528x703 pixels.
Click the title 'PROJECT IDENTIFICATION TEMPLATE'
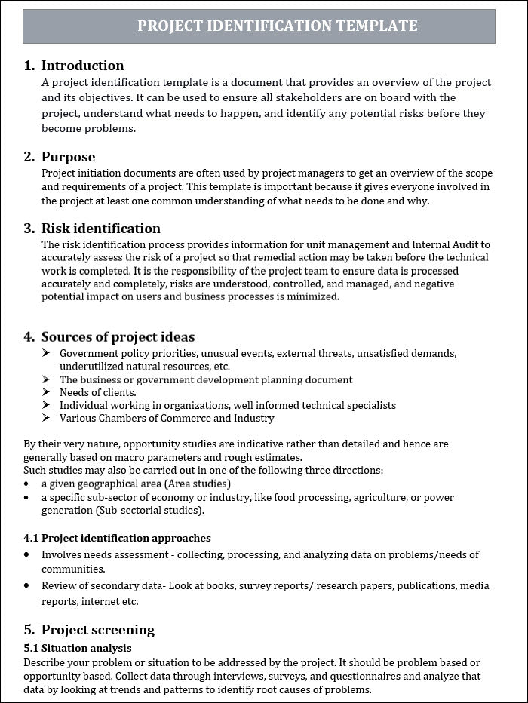(277, 26)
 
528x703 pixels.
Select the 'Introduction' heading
(82, 66)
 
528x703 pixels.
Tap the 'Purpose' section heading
(68, 157)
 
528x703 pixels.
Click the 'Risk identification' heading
(100, 229)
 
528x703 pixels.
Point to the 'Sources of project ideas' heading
(118, 337)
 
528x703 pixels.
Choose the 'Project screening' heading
(97, 630)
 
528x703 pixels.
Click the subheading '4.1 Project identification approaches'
(117, 538)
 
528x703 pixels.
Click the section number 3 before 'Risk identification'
(29, 229)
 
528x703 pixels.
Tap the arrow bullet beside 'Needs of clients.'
(46, 392)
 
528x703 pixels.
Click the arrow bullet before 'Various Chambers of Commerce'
(46, 418)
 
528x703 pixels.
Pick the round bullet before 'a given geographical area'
(27, 484)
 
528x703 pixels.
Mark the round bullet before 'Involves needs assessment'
(27, 554)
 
